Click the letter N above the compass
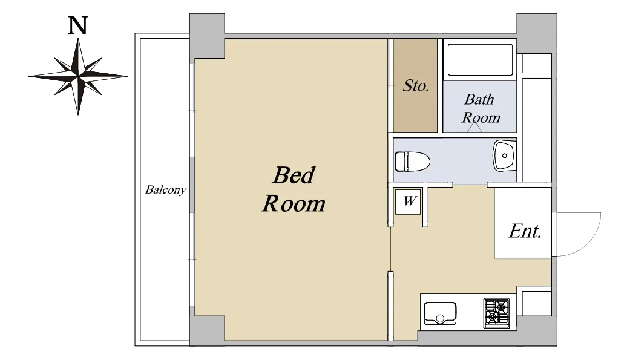(x=77, y=25)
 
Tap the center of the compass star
(x=78, y=76)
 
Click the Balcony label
(x=166, y=189)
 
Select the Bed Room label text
(x=294, y=189)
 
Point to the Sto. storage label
(x=416, y=85)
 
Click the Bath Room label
(x=481, y=108)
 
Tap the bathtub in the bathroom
(x=480, y=60)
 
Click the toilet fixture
(x=413, y=162)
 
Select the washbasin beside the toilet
(x=504, y=155)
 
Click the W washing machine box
(x=408, y=201)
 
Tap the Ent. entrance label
(x=525, y=231)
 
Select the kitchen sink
(x=440, y=313)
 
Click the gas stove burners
(x=497, y=313)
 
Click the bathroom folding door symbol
(x=475, y=128)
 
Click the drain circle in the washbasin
(x=505, y=155)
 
